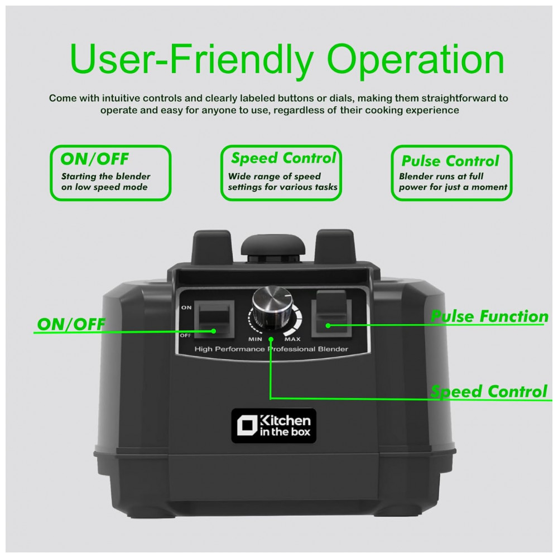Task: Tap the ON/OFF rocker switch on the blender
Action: coord(214,319)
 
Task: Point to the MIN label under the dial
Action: coord(255,339)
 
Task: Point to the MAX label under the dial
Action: coord(292,339)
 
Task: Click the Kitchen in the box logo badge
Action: coord(273,426)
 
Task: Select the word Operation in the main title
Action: coord(415,59)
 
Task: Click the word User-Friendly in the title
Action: coord(191,59)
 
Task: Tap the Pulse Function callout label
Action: coord(489,316)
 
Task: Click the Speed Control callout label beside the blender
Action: coord(489,392)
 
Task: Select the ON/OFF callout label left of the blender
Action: coord(71,324)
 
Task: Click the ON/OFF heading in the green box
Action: coord(94,158)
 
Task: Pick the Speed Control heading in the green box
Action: coord(283,158)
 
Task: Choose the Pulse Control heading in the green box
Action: coord(450,161)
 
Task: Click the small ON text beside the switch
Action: coord(186,307)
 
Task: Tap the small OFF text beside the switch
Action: coord(185,335)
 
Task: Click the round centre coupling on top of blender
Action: coord(273,248)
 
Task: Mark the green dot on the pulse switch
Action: coord(328,325)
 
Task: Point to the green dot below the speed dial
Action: coord(271,339)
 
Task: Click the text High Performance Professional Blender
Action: coord(271,349)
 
